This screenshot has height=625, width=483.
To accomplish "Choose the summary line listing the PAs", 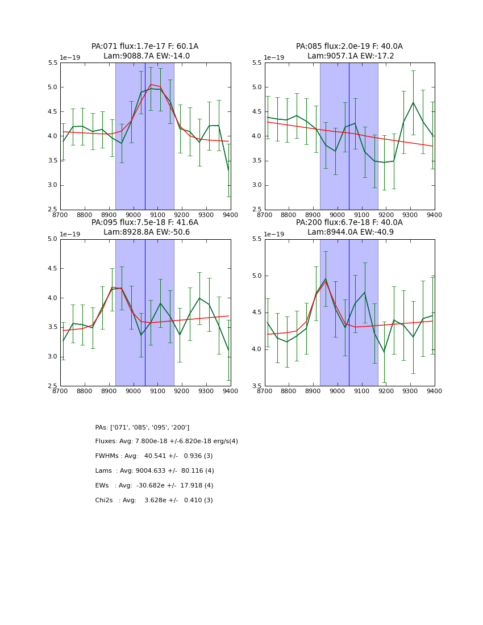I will click(142, 427).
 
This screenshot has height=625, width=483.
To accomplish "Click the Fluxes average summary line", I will click(166, 441).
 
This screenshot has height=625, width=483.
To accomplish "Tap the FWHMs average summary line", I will click(154, 456).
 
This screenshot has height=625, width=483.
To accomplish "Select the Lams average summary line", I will click(155, 471).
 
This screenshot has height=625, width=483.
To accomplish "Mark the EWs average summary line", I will click(154, 486).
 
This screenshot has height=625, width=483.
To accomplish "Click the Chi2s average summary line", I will click(154, 501).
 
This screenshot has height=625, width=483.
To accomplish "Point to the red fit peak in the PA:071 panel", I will click(151, 85).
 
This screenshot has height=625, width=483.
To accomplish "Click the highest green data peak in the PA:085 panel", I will click(413, 103).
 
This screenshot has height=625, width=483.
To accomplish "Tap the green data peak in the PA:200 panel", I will click(326, 278).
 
